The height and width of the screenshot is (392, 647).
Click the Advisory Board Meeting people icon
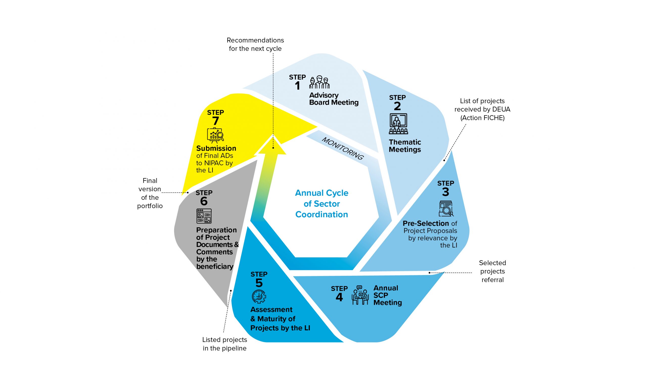tap(319, 82)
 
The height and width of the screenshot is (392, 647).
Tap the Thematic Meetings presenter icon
tap(398, 124)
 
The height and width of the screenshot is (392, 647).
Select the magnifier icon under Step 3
tap(446, 209)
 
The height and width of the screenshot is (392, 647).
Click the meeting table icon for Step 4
tap(360, 295)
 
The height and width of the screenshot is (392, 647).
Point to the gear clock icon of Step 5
tap(259, 297)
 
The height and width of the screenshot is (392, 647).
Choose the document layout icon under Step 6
tap(204, 216)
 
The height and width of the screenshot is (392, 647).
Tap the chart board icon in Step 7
tap(215, 135)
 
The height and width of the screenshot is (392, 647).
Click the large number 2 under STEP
tap(397, 106)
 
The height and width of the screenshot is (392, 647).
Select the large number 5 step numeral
tap(259, 283)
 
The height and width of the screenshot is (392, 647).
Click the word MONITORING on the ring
tap(343, 149)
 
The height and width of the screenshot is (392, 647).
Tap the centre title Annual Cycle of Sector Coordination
tap(322, 204)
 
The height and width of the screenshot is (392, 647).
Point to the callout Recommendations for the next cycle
tap(255, 44)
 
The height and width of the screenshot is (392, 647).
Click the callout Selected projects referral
tap(492, 271)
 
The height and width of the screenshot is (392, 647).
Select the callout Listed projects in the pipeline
tap(224, 344)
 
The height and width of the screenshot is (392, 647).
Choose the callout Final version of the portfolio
tap(150, 193)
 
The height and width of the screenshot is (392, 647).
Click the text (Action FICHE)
tap(482, 118)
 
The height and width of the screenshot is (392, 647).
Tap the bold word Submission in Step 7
tap(216, 148)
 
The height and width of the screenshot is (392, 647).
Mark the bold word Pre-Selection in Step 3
tap(426, 223)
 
